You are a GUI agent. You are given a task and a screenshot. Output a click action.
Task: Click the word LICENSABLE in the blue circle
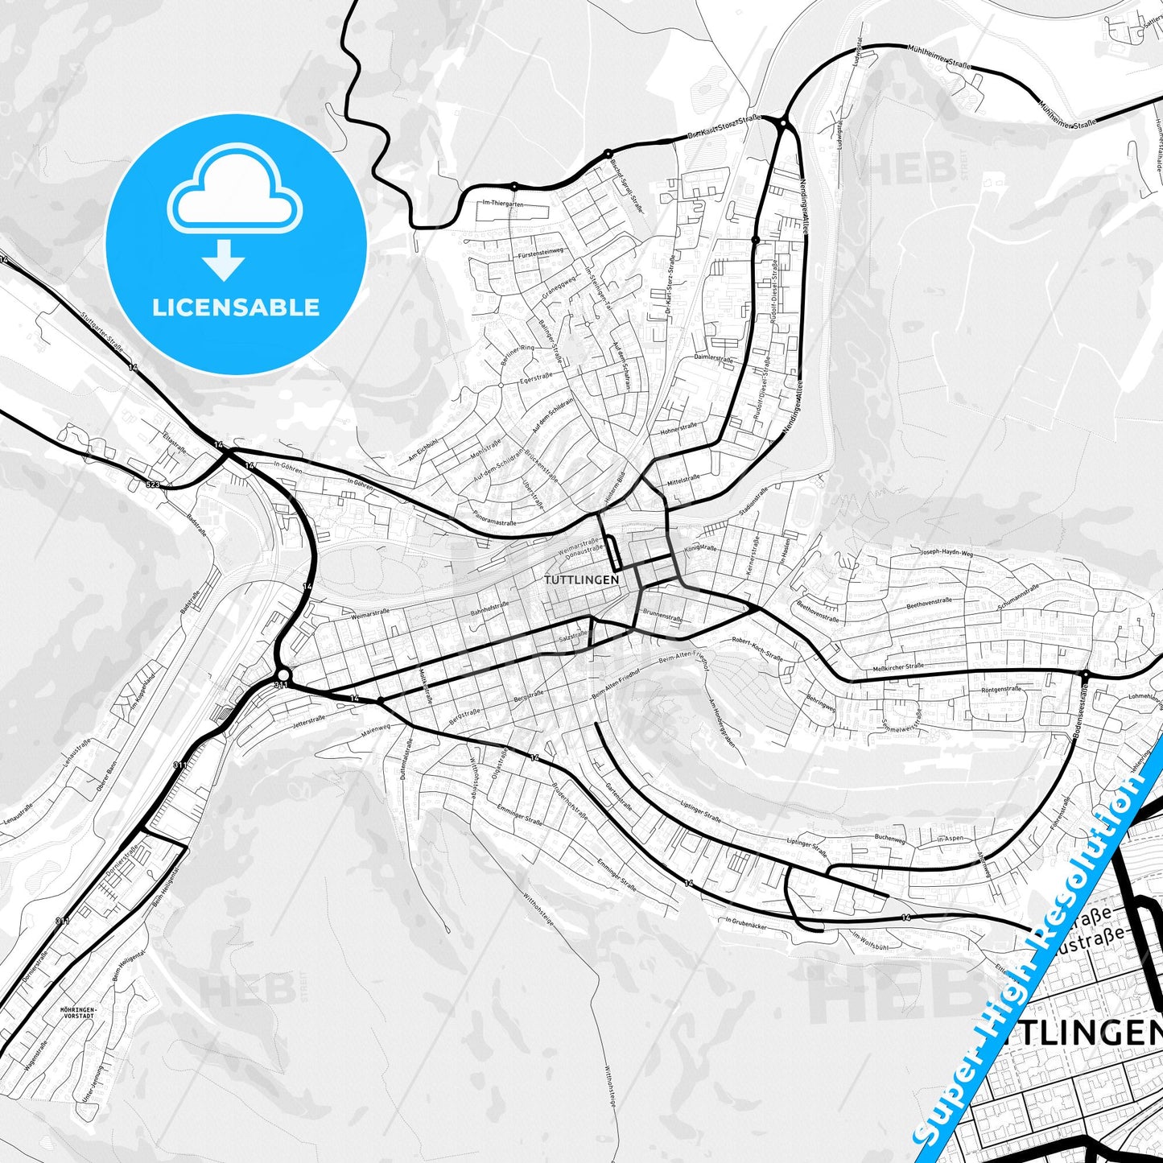tap(236, 307)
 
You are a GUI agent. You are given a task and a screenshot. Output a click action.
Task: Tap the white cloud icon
tap(234, 193)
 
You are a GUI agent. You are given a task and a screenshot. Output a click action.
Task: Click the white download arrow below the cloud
tap(224, 260)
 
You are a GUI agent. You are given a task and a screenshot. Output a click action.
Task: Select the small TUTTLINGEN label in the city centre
tap(581, 579)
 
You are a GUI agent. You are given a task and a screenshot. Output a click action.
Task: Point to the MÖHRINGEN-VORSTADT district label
tap(77, 1012)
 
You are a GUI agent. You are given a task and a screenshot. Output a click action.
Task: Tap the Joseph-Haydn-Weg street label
tap(946, 553)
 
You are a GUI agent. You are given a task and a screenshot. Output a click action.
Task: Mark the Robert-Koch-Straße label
tap(757, 650)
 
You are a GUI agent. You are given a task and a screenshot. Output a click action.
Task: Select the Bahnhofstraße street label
tap(490, 609)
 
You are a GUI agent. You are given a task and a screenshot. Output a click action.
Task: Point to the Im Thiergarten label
tap(503, 204)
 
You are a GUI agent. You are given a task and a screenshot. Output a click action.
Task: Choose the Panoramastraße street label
tap(494, 520)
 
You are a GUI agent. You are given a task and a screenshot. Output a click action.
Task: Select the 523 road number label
tap(153, 485)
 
